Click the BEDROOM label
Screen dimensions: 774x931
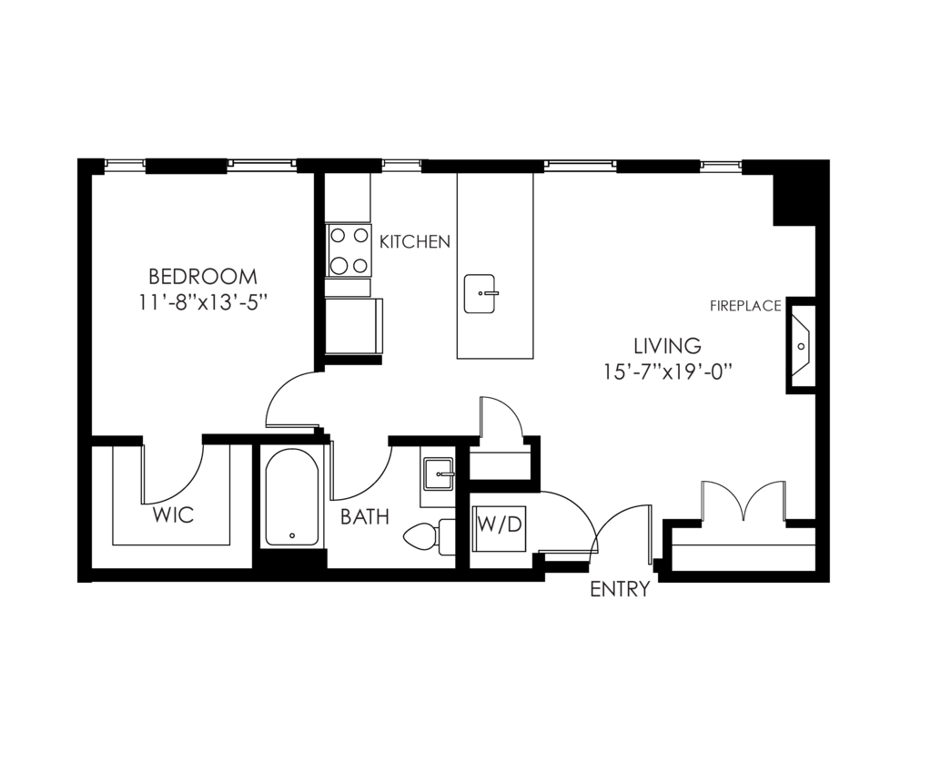pos(202,276)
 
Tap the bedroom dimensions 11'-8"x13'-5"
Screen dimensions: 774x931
pos(202,302)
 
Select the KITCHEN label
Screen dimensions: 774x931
pos(414,242)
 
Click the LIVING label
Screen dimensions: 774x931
pos(667,346)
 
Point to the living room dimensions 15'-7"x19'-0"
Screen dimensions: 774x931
pos(667,372)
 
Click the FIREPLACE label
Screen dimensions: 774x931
pos(745,306)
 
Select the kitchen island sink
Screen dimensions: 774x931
pos(480,293)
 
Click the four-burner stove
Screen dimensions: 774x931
pos(349,250)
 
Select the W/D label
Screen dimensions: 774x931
pos(500,524)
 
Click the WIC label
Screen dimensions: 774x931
pos(173,515)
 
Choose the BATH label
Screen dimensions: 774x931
pos(364,517)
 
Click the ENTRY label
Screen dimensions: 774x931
pos(620,589)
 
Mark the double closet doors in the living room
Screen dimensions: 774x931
pos(744,502)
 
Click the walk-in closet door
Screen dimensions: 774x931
pos(173,474)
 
